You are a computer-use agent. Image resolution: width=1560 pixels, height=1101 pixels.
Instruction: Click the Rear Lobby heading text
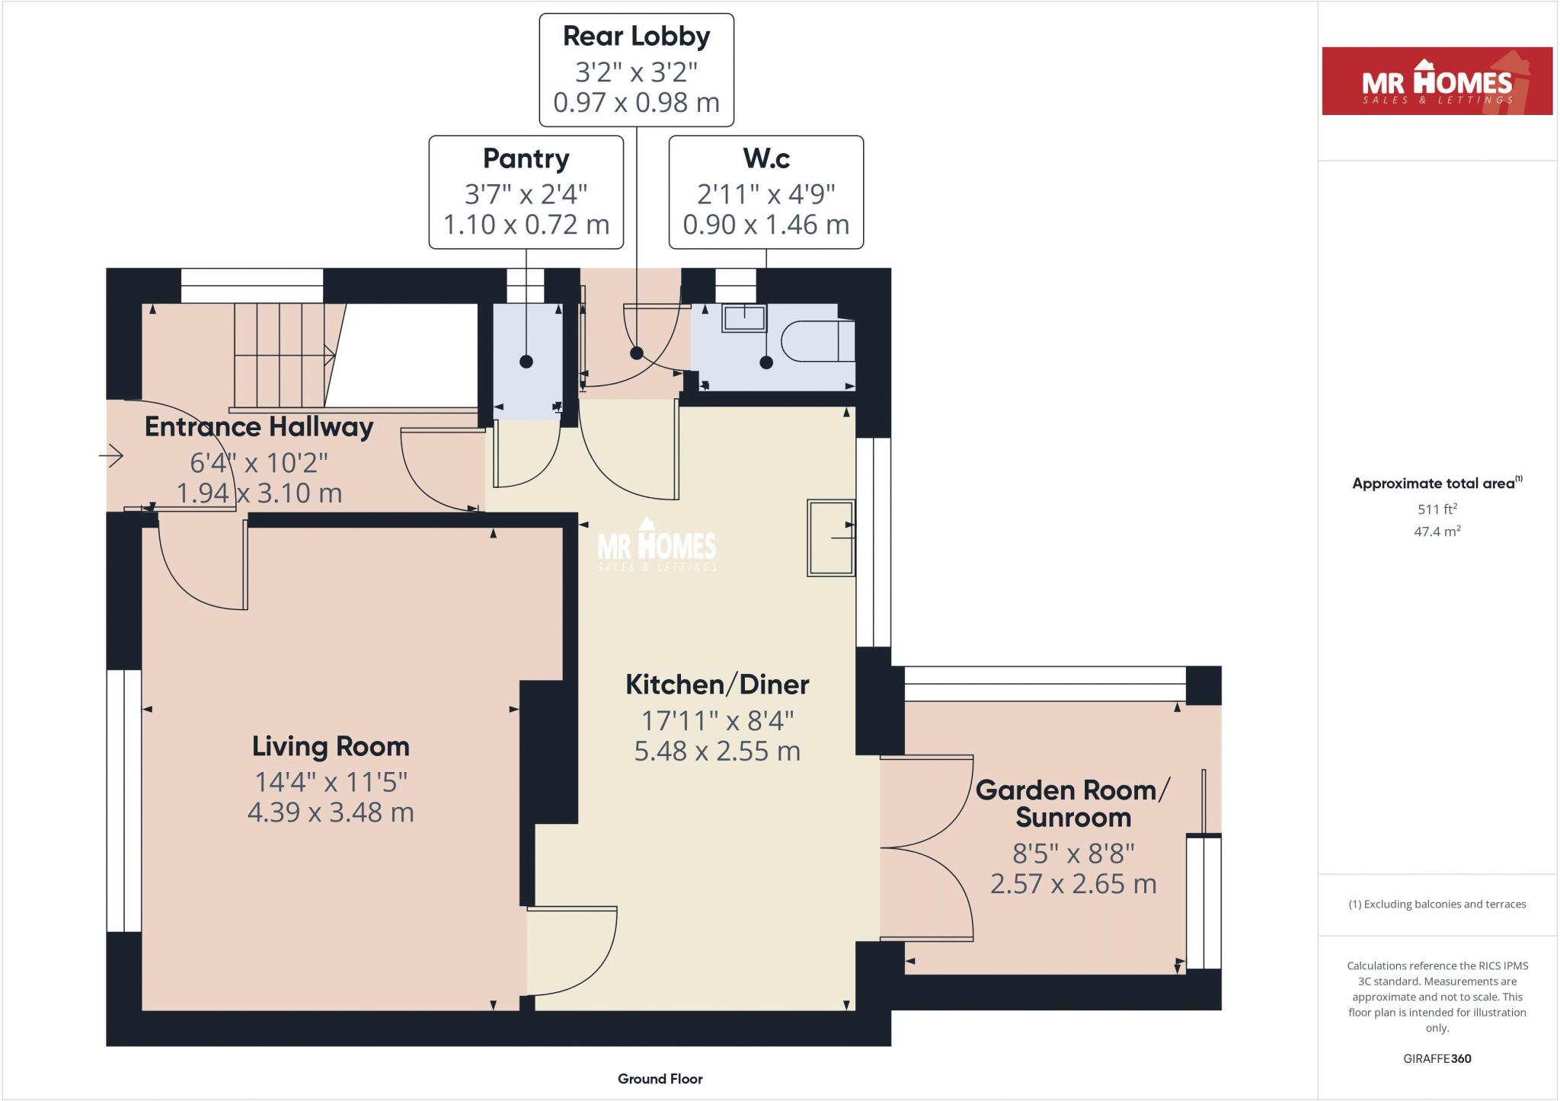point(636,37)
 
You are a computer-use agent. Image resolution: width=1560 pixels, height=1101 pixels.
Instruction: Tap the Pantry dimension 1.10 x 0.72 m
point(526,225)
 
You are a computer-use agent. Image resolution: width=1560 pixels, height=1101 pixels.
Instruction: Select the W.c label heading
point(766,158)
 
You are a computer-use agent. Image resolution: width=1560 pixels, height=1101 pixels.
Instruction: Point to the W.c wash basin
point(744,318)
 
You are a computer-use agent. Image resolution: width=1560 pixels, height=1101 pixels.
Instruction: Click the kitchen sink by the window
point(830,538)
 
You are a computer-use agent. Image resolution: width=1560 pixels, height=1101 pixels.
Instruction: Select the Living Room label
point(331,746)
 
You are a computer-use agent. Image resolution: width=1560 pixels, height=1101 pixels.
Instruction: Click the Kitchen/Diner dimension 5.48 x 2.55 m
point(717,752)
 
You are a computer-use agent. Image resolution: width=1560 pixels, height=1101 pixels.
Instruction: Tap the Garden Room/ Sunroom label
point(1072,803)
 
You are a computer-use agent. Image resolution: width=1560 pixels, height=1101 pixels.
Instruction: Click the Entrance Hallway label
point(259,427)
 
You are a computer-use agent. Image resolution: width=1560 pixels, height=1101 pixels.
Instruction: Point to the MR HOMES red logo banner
point(1437,81)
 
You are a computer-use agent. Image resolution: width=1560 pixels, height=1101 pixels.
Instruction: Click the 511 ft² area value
point(1437,509)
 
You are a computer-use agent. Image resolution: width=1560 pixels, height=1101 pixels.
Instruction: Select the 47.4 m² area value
point(1437,531)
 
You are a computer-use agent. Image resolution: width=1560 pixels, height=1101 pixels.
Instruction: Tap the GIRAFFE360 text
point(1437,1058)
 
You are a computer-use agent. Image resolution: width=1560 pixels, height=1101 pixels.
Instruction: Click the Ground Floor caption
point(660,1078)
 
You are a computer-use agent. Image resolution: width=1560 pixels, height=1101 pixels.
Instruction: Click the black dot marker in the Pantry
point(526,362)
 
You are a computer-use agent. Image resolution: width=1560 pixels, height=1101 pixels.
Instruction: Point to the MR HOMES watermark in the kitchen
point(657,547)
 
